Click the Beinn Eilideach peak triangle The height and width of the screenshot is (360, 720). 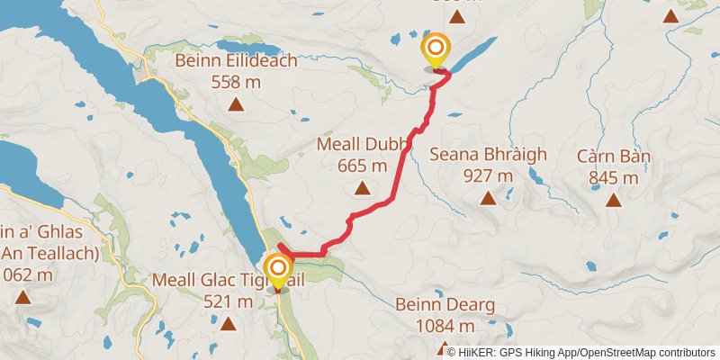236,104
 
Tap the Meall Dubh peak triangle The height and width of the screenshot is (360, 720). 362,188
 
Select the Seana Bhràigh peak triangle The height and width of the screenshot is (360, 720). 487,198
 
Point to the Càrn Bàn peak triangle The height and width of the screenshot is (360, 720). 613,200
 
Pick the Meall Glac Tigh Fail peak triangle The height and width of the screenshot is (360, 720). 228,323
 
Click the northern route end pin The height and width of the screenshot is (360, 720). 436,50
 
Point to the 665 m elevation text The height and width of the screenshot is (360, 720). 362,166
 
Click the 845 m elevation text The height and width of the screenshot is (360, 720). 613,177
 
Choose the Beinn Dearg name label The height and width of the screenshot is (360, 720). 445,305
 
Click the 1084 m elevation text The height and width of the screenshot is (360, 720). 445,325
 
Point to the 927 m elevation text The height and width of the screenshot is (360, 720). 487,175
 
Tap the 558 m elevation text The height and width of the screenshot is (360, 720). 236,82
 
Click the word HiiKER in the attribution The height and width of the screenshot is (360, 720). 479,353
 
